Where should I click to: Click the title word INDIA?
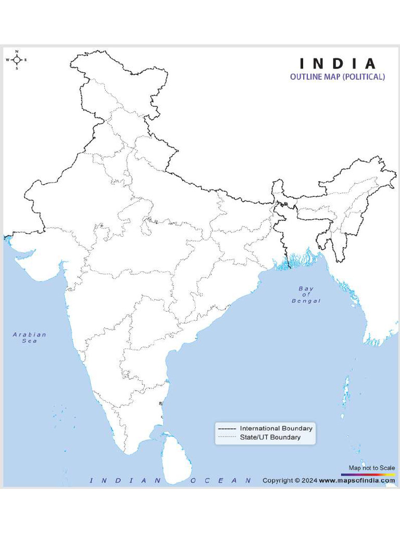(337, 64)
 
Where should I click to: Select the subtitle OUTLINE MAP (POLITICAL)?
(337, 77)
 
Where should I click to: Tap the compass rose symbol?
(17, 60)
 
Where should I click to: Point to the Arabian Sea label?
(30, 337)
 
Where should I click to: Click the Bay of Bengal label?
(306, 295)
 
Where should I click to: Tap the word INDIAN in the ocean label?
(126, 480)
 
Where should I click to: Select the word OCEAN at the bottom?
(221, 480)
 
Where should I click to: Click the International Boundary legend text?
(276, 428)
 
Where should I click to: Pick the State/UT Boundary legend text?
(270, 437)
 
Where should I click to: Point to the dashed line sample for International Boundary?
(227, 428)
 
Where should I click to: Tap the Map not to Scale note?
(372, 468)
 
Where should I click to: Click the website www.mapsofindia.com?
(357, 480)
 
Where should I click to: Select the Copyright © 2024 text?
(289, 480)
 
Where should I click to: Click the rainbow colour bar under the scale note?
(368, 475)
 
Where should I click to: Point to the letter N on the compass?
(17, 52)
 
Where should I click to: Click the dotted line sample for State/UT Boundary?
(227, 437)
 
